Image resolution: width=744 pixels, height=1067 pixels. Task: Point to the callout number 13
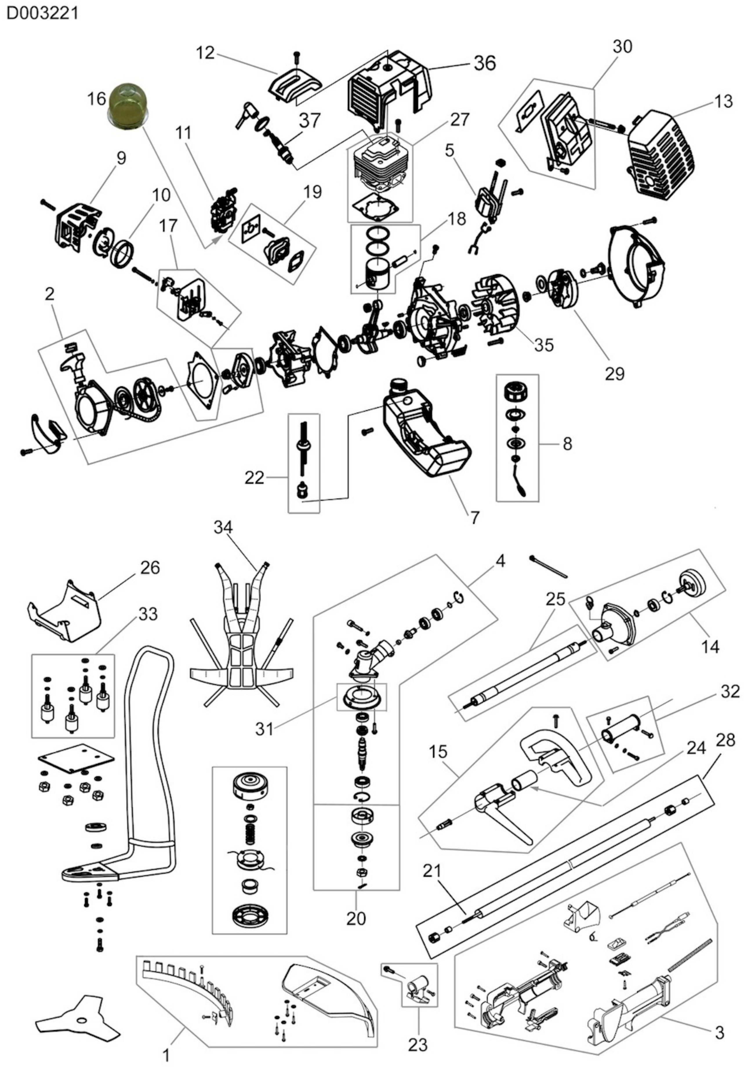(x=722, y=101)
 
